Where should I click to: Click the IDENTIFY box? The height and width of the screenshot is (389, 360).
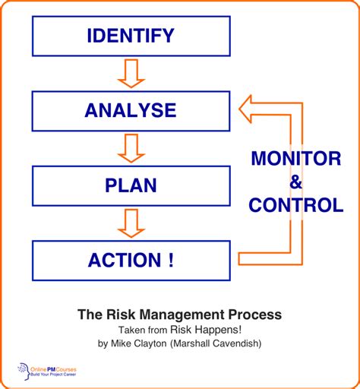(131, 36)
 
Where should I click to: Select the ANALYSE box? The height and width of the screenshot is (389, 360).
(131, 110)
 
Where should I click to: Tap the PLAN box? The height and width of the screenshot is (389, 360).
(131, 185)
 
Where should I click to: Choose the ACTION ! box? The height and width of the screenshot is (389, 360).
(131, 259)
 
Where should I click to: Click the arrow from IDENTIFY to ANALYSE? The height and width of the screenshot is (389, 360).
(131, 74)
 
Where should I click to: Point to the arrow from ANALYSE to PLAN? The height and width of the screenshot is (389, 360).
(131, 148)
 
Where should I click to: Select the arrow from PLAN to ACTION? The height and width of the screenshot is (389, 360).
(131, 223)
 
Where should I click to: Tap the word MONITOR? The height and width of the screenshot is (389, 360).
(297, 160)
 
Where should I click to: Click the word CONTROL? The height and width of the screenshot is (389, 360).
(297, 205)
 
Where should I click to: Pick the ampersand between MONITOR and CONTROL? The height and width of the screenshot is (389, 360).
(297, 182)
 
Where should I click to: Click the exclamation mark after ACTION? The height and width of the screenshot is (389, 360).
(170, 259)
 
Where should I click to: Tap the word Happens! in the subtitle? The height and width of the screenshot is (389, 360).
(219, 329)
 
